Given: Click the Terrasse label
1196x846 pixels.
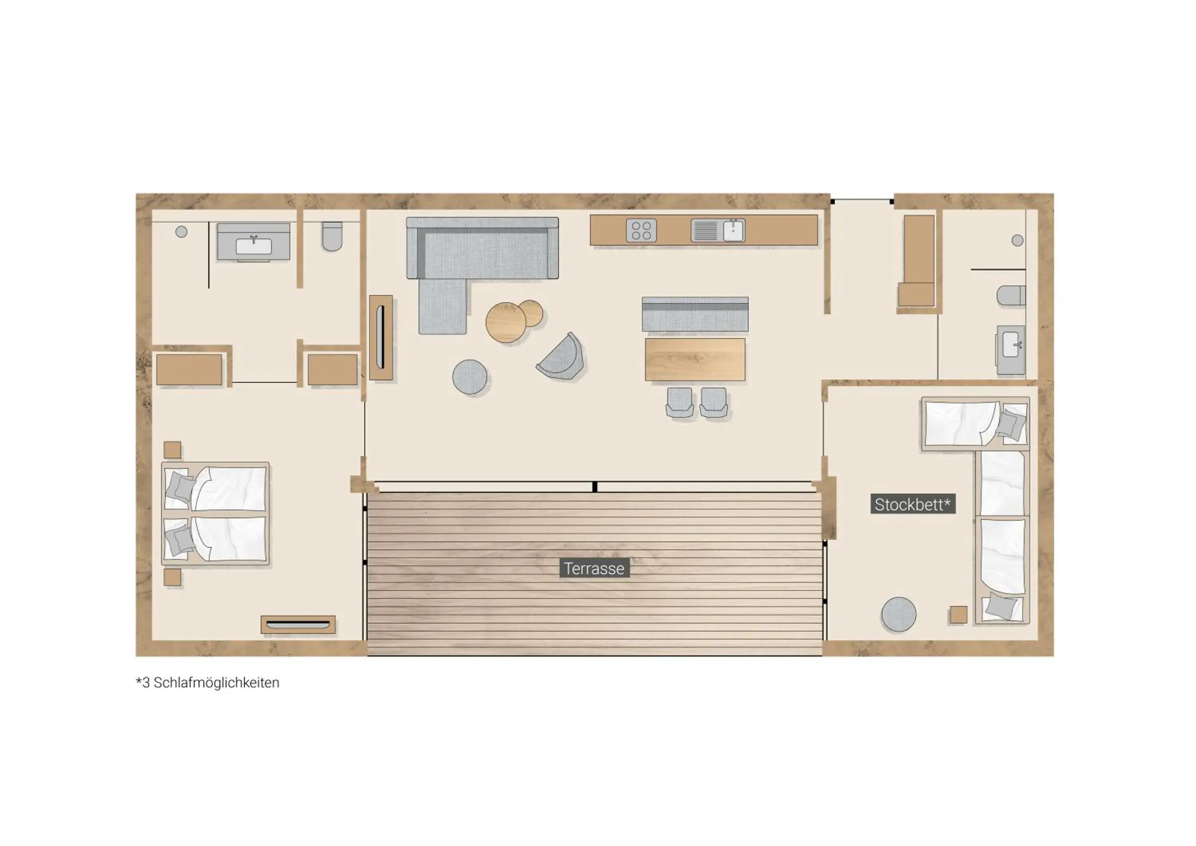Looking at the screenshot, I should click(594, 569).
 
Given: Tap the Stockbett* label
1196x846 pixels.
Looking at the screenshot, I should click(913, 504).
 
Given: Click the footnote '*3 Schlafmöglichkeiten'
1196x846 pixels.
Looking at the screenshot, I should click(208, 683).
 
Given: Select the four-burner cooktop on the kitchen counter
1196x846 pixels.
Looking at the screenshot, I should click(641, 230).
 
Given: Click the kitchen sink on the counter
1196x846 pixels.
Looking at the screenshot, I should click(718, 230).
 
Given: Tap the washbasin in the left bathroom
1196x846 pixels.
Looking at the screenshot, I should click(254, 245).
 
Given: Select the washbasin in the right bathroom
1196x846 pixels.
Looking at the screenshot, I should click(1011, 346).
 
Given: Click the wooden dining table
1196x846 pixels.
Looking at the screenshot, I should click(695, 360).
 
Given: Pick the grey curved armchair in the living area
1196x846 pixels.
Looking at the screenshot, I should click(562, 357).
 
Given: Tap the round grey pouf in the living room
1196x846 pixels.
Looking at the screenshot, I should click(470, 377).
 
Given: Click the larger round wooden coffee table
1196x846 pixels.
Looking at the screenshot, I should click(505, 323).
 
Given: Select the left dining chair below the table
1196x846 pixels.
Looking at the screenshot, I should click(679, 401).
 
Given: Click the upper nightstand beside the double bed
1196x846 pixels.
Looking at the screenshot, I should click(172, 450).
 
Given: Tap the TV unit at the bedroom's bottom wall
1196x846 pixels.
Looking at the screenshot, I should click(298, 624).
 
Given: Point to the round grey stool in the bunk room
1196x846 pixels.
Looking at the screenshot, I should click(899, 614).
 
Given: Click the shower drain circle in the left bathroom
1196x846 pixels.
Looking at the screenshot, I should click(181, 232).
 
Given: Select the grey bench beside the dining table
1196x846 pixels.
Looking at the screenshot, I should click(695, 314).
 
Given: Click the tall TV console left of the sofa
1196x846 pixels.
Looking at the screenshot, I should click(381, 338).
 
